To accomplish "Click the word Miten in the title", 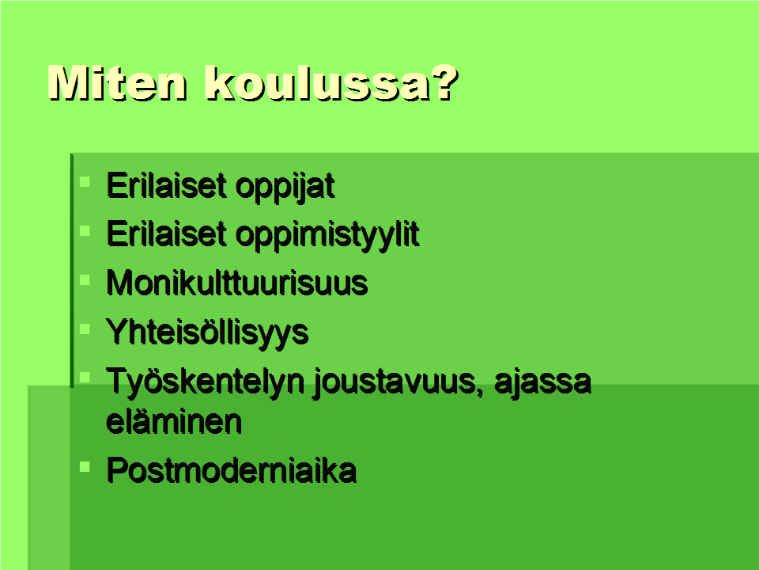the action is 117,83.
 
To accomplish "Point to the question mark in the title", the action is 444,83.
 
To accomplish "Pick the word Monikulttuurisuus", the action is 237,283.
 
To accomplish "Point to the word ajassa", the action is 542,382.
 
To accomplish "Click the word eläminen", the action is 174,421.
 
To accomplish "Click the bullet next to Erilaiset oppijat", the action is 85,182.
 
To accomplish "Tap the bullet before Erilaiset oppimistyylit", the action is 85,230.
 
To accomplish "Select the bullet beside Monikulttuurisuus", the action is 85,279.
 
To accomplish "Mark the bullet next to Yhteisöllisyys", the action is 85,329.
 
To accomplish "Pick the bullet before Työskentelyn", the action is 85,377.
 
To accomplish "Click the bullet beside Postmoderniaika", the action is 85,467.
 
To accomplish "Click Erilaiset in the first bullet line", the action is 166,185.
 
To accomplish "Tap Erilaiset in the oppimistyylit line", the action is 166,234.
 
